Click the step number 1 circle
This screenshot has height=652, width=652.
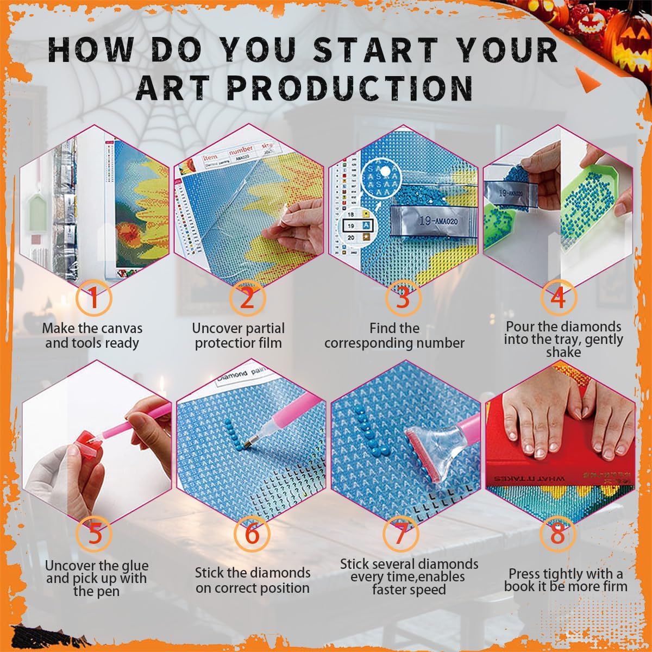(x=93, y=298)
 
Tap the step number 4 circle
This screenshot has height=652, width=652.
(x=559, y=298)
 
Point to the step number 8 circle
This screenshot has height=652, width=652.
(x=557, y=534)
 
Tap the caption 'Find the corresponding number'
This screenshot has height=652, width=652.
(x=394, y=336)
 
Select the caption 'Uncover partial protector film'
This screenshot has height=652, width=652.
(x=239, y=336)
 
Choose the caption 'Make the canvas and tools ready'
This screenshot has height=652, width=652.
(x=92, y=336)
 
